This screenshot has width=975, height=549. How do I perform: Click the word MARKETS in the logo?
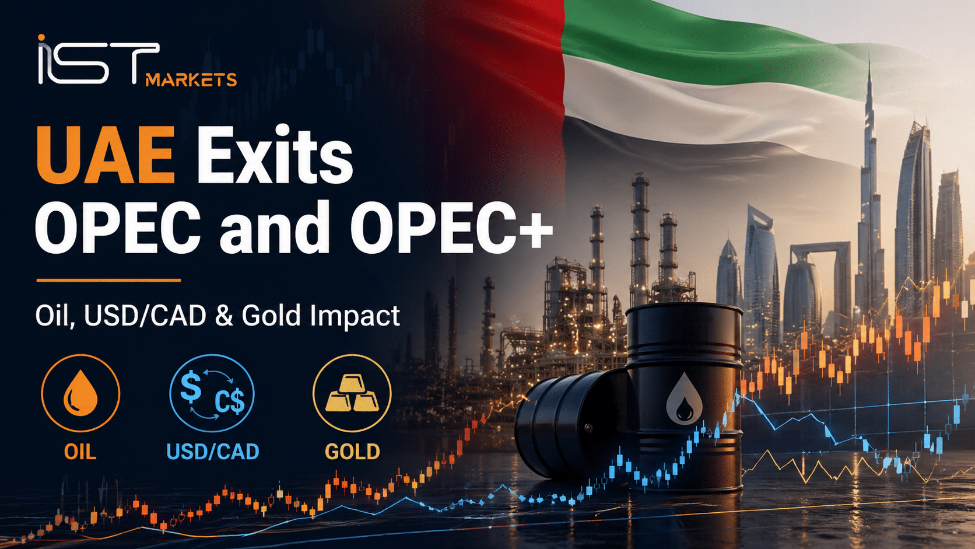pos(191,80)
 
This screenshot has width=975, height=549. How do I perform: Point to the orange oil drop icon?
pos(80,393)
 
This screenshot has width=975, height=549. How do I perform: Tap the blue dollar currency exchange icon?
pos(212,393)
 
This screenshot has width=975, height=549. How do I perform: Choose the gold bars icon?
pos(352,393)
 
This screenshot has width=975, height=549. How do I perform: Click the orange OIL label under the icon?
pos(80,452)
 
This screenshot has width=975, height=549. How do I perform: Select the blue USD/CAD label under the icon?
pos(213,452)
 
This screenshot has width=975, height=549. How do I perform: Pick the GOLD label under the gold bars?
pos(353,452)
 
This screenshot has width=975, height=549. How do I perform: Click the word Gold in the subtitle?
pos(271,316)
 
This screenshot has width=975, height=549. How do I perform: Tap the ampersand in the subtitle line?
pos(224,316)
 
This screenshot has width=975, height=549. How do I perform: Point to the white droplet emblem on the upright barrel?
pos(684,399)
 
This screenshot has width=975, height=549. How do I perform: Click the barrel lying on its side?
pos(570,425)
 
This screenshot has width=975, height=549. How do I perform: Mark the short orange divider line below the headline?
pos(108,281)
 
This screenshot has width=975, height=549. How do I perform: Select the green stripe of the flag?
pos(696,44)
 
